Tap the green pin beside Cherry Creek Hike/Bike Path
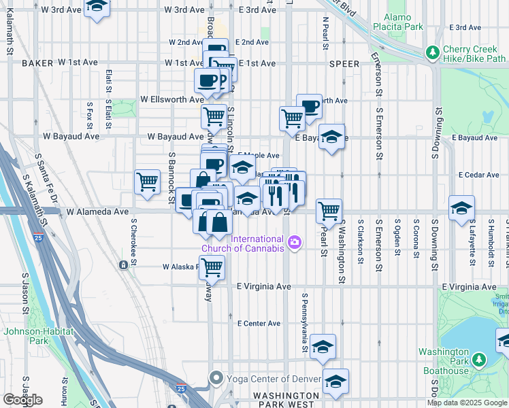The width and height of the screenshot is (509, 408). tap(431, 52)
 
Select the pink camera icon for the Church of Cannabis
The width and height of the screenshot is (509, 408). tap(294, 241)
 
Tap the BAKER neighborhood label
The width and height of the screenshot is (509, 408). tap(37, 63)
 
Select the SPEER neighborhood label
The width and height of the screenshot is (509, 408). tap(344, 63)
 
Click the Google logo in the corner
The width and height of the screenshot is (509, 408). tap(22, 399)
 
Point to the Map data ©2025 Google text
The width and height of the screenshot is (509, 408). tap(467, 403)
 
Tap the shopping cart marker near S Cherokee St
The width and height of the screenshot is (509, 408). tap(147, 182)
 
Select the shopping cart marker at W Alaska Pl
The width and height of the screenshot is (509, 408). tap(212, 268)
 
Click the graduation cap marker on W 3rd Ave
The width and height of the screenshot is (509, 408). tap(97, 7)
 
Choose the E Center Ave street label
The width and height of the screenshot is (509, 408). tap(259, 324)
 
